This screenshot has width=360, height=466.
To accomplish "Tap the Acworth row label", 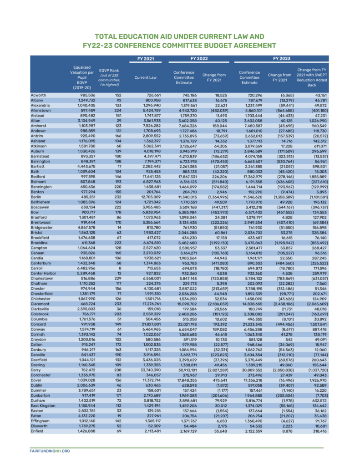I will tap(38, 95).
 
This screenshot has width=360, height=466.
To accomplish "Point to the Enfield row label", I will tap(37, 431).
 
